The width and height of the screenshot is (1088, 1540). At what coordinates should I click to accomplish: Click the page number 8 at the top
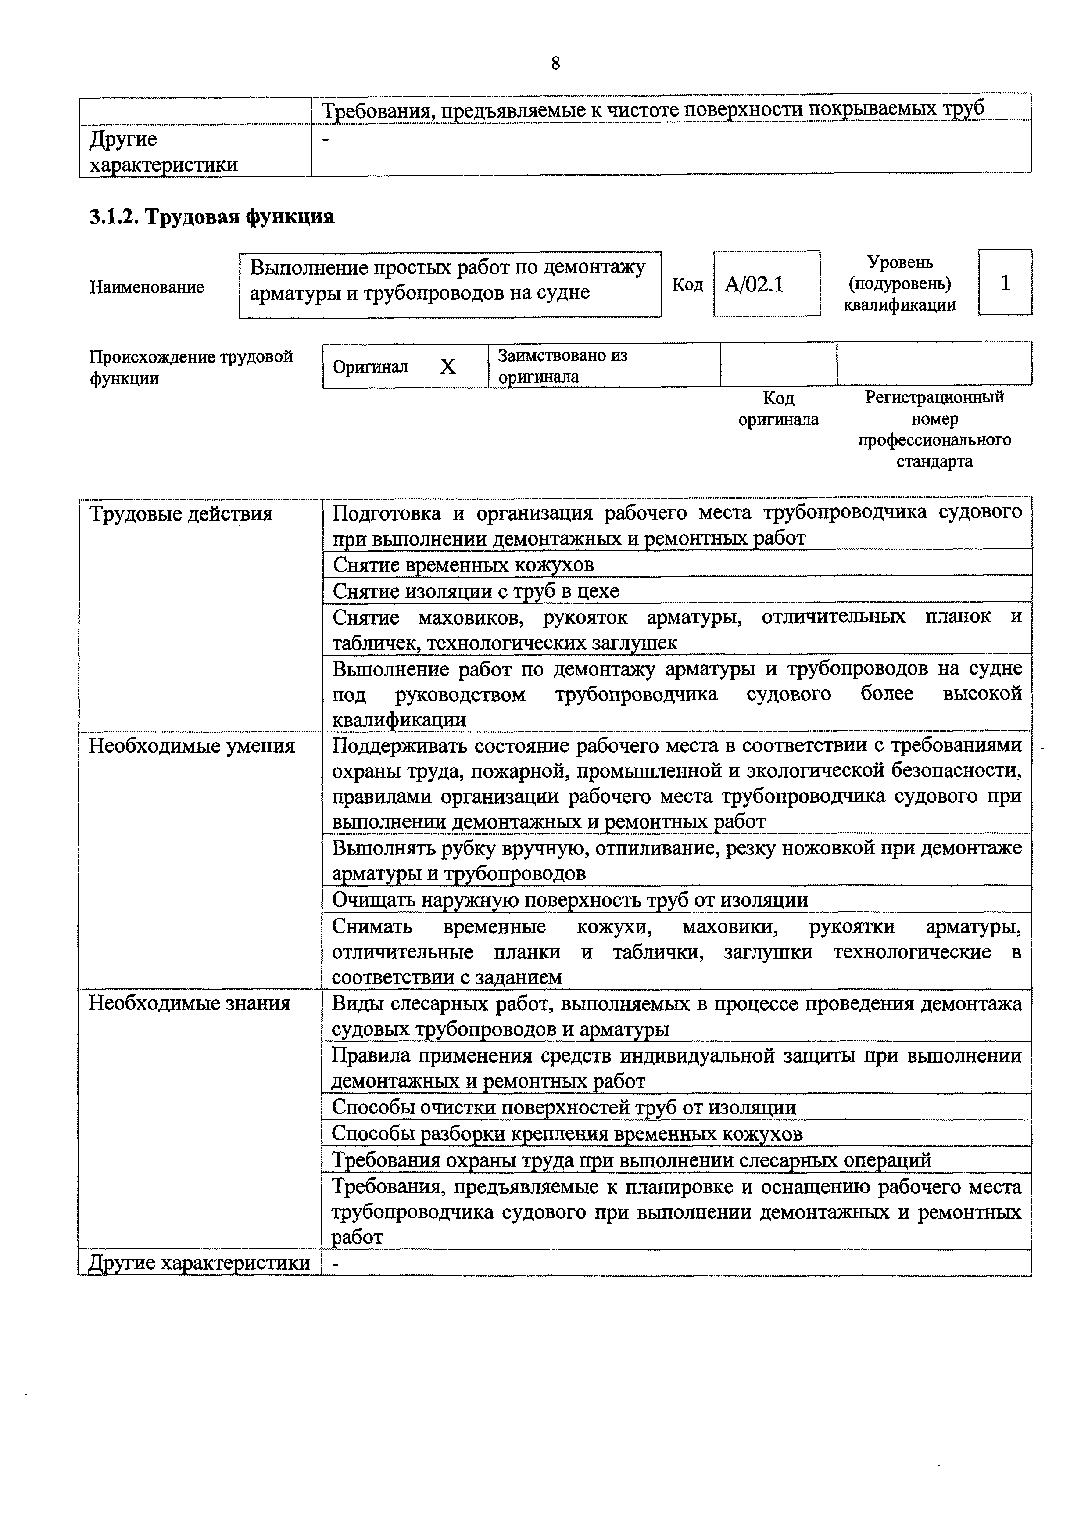555,64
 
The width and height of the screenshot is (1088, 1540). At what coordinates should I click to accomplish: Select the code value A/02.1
754,284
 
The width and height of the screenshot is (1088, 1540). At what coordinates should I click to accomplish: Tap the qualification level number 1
1005,283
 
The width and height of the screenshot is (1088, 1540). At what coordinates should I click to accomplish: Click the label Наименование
147,287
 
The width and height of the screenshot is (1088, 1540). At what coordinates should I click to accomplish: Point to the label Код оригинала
778,409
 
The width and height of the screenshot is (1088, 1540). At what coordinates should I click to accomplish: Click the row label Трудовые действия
181,514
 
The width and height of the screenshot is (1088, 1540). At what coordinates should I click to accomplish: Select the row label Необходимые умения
192,746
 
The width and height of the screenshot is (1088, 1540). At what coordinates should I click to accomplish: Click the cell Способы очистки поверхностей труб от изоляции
564,1107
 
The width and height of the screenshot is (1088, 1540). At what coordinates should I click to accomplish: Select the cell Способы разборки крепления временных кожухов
567,1134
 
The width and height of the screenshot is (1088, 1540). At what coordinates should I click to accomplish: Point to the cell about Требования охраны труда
631,1159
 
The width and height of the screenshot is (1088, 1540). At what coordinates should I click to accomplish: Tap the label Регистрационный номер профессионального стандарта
934,429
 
